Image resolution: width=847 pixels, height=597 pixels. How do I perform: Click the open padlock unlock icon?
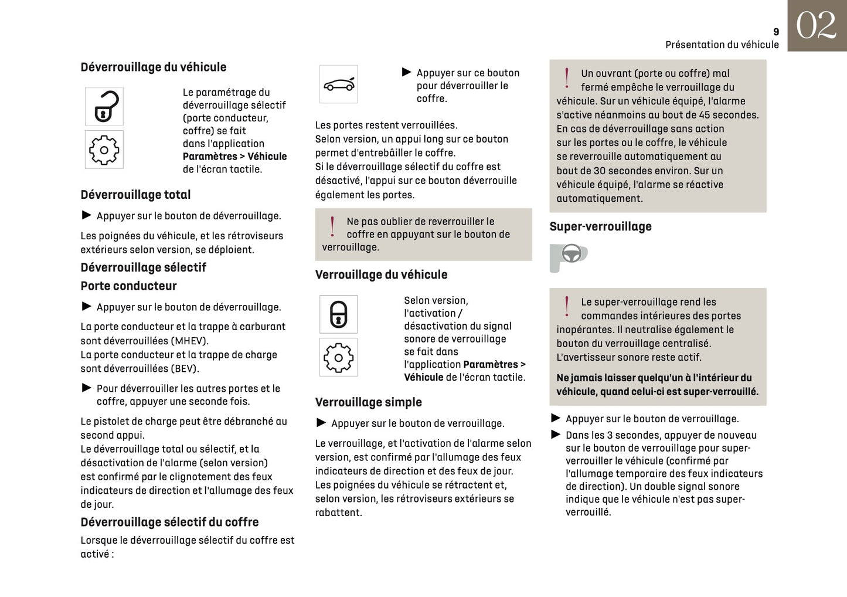104,106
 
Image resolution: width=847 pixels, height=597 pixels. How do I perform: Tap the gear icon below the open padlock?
104,150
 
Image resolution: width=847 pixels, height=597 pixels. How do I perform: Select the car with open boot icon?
338,84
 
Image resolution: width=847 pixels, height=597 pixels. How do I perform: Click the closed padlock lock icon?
338,314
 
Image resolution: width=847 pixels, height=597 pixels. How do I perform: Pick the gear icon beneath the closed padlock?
338,357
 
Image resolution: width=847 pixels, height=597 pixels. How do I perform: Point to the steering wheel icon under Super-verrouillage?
570,255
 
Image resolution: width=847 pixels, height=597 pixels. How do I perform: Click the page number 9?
776,32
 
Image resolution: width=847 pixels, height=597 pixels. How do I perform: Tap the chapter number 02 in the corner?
816,26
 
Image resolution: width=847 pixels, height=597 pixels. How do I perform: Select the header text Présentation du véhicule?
722,45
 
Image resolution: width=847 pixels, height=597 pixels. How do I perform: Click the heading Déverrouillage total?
135,195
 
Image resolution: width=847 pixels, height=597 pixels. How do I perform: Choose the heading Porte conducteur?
128,286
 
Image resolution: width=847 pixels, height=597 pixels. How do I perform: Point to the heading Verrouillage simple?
368,402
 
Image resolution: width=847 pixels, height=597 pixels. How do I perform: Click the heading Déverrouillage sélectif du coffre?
169,522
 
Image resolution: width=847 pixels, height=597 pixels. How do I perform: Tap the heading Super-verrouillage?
600,226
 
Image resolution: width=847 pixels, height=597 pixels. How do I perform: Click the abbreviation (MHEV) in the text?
189,341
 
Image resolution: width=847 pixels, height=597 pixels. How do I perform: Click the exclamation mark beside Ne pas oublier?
332,226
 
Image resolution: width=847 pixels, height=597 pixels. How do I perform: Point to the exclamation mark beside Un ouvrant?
567,77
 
